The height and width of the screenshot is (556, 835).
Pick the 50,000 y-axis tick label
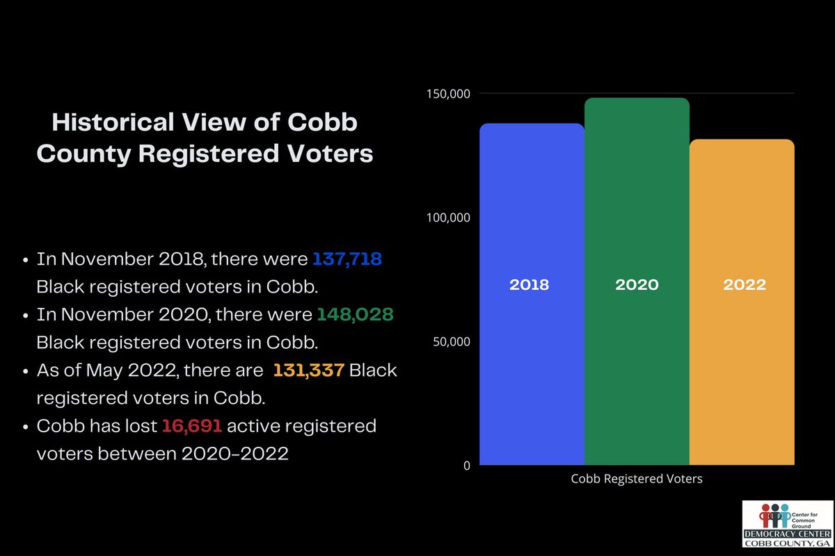[x=448, y=341]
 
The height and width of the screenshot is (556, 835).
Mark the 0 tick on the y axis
[x=467, y=466]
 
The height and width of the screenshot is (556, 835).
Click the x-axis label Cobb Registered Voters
[x=637, y=479]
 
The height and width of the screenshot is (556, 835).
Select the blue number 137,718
[x=347, y=259]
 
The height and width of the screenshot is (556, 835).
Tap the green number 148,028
[x=355, y=315]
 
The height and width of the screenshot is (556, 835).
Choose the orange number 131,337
[x=308, y=370]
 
